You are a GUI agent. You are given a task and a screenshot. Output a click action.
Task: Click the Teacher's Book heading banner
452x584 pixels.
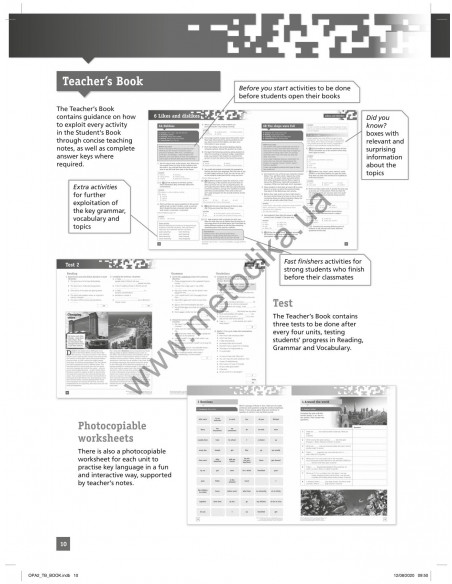coord(103,82)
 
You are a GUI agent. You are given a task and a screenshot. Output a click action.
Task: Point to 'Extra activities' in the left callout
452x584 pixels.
coord(95,187)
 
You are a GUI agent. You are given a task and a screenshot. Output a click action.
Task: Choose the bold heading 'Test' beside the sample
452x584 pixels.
coord(284,302)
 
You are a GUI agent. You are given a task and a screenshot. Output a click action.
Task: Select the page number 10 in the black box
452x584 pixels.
coord(63,543)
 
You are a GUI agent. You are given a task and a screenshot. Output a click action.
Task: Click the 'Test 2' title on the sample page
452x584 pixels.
coord(74,264)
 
